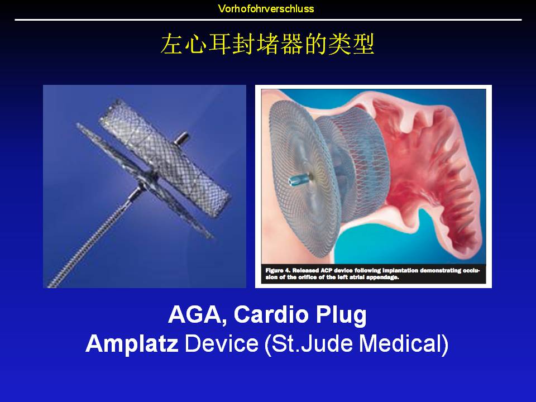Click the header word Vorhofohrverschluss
(266, 8)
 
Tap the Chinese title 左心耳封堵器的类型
(267, 44)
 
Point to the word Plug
(341, 315)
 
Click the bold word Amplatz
(132, 344)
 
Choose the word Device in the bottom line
(222, 343)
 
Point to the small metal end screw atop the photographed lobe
(181, 137)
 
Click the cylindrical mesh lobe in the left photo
(165, 158)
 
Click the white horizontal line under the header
(268, 20)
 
